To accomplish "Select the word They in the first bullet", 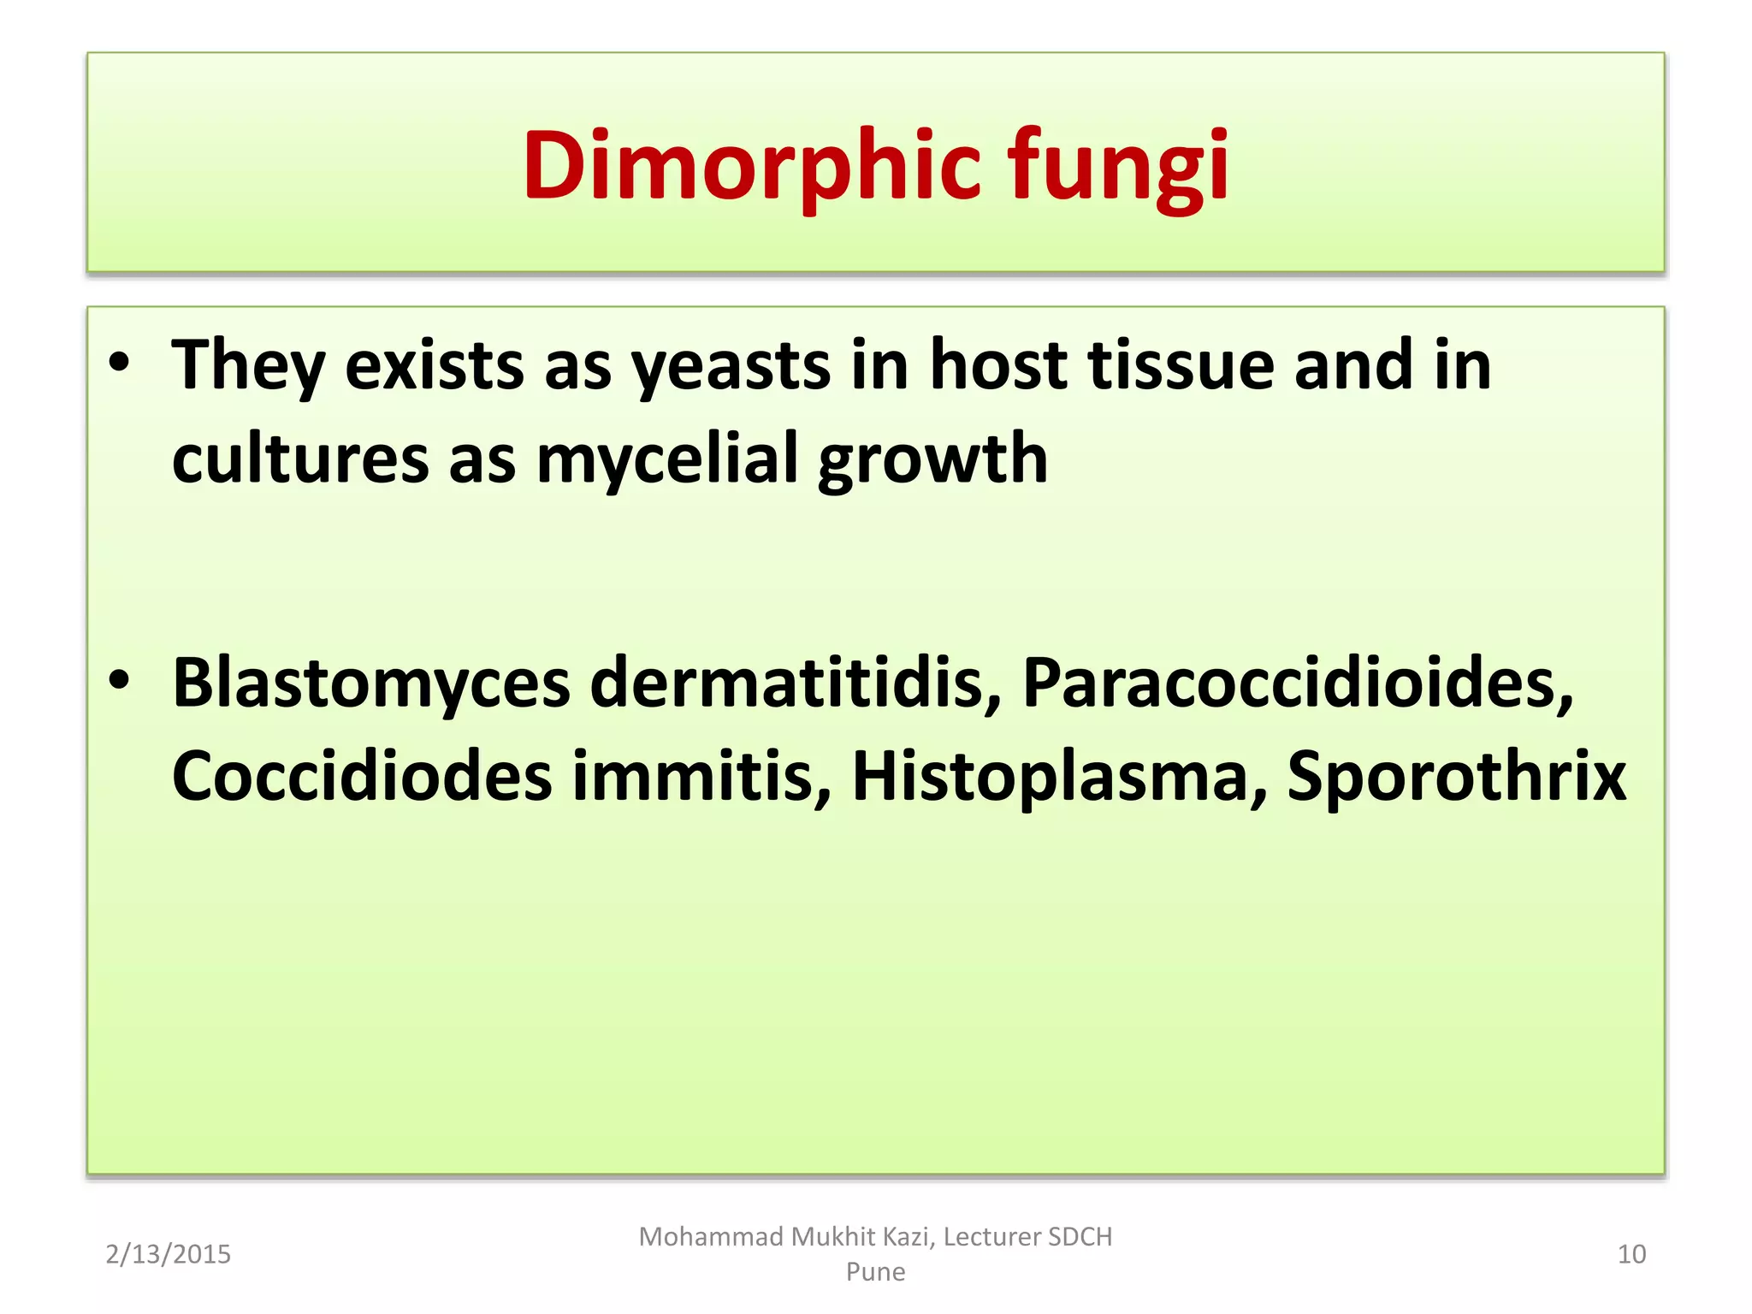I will (x=248, y=366).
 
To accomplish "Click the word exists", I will (x=434, y=366).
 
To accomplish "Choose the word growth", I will (x=932, y=460).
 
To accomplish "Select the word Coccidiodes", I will (x=362, y=776).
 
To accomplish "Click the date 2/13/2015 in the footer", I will (x=169, y=1254).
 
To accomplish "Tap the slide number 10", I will (x=1631, y=1254).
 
